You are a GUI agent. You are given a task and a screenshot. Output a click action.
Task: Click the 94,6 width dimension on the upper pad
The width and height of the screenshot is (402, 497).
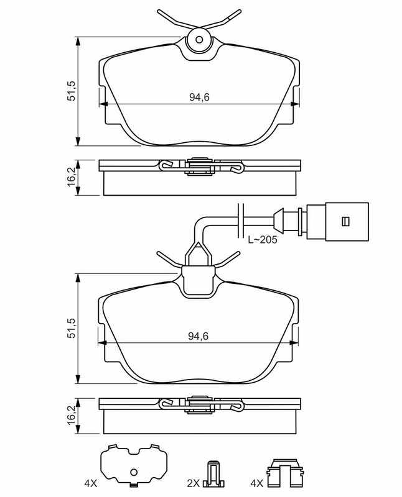[x=199, y=98]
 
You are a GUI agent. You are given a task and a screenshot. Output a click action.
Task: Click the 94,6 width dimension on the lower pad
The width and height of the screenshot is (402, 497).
[x=198, y=336]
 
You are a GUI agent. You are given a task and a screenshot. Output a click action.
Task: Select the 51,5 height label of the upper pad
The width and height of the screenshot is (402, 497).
[x=72, y=91]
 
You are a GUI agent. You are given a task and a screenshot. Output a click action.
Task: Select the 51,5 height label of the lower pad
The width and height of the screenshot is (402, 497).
[x=72, y=328]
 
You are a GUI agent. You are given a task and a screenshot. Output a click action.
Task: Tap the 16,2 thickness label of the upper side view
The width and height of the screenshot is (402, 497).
[x=72, y=177]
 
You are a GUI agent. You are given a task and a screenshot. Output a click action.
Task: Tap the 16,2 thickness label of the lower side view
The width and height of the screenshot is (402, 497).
[x=72, y=416]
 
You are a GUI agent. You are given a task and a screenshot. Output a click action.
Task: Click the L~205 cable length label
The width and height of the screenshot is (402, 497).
[x=262, y=240]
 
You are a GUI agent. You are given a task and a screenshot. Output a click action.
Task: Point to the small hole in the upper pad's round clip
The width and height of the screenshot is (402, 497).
[x=199, y=40]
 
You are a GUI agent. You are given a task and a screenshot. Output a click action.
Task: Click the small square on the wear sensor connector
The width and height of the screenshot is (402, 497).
[x=345, y=221]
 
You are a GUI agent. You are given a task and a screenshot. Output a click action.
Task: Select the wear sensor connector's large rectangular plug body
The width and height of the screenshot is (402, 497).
[x=347, y=222]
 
